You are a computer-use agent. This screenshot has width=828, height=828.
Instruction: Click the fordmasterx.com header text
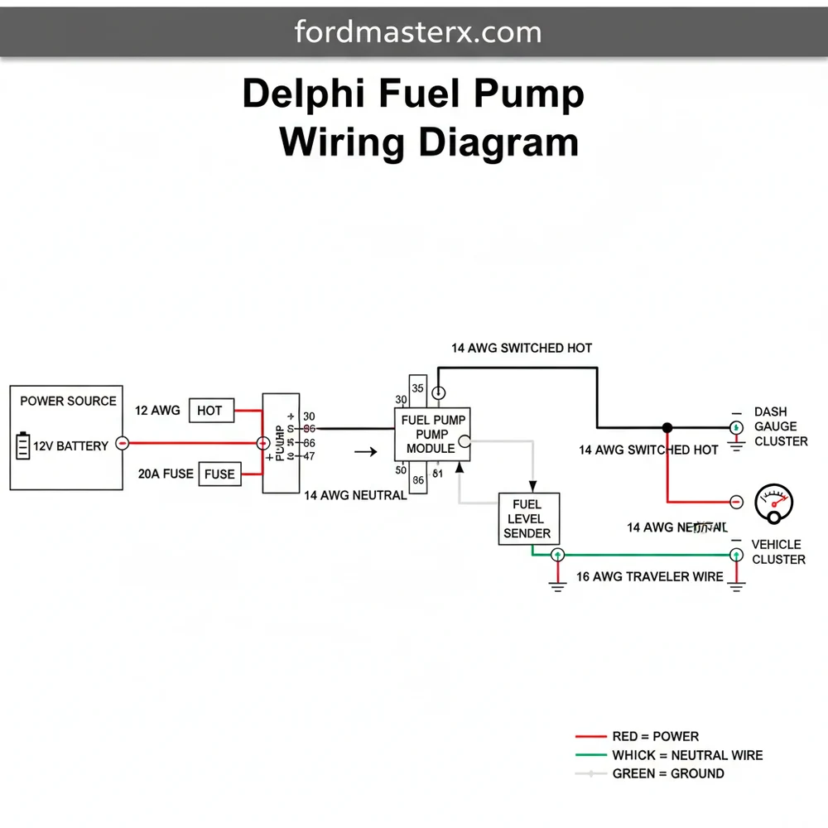click(x=418, y=32)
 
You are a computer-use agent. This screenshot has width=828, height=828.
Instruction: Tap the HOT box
click(x=209, y=410)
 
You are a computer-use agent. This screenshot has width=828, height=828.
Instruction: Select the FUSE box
click(x=219, y=474)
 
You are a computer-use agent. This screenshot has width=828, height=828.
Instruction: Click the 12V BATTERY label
click(x=70, y=446)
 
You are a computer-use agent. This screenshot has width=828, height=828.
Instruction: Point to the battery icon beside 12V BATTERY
click(x=22, y=445)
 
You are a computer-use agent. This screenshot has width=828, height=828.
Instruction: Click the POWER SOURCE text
click(x=68, y=401)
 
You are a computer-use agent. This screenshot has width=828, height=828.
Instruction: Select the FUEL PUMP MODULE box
click(x=430, y=434)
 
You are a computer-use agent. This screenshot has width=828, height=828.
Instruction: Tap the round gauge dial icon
click(x=775, y=503)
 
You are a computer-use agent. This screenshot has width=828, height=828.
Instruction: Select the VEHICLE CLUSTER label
click(x=777, y=551)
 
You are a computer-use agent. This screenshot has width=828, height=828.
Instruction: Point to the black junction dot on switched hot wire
click(x=667, y=427)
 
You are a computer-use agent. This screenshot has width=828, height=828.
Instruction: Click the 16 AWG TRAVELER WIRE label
click(x=649, y=576)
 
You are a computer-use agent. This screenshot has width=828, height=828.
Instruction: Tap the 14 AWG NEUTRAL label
click(x=355, y=495)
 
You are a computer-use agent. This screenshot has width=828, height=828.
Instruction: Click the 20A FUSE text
click(x=166, y=474)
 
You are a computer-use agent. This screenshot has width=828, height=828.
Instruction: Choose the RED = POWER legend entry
click(x=654, y=736)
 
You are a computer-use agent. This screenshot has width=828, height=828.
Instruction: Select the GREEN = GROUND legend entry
click(x=667, y=773)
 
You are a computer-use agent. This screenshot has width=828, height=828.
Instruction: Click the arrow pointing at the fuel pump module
click(x=364, y=452)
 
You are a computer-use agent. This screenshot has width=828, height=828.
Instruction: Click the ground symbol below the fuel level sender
click(x=557, y=584)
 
